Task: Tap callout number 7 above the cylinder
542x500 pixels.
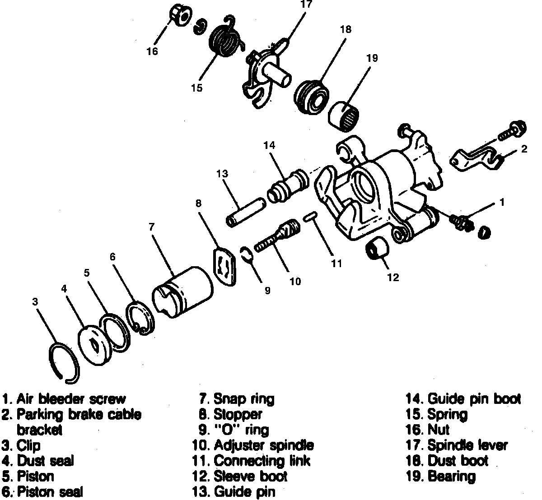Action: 152,227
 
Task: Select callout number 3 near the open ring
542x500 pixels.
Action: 35,302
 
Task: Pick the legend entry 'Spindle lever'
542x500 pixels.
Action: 468,445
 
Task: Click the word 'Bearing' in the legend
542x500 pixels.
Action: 452,476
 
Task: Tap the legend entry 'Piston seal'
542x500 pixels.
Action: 50,491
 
